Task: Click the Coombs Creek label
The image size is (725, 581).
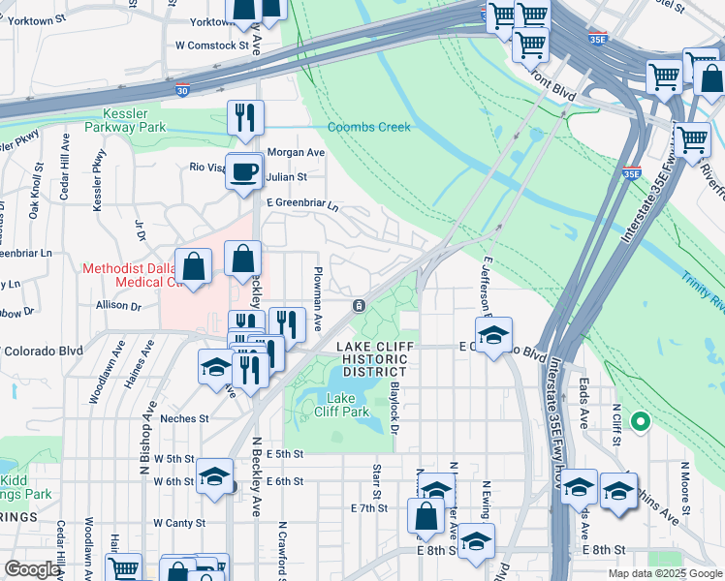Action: point(368,127)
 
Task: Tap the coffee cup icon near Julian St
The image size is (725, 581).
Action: point(243,172)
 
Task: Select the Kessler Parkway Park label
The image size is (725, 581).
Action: point(125,120)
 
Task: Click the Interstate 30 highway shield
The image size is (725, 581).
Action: point(183,90)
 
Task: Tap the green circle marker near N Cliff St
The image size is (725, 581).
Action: point(640,421)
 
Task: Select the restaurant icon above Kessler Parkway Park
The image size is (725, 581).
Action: point(244,117)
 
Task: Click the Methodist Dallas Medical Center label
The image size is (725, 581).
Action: point(126,275)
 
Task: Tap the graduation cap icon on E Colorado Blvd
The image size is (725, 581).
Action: point(493,335)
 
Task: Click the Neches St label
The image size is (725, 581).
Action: point(184,418)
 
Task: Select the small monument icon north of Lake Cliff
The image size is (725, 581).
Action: point(359,306)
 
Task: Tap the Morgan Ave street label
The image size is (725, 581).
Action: point(296,153)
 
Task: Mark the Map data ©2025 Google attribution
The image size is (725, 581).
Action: point(664,573)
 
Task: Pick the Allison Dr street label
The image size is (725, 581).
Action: point(119,305)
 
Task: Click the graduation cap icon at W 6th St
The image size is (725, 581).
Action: point(214,476)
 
